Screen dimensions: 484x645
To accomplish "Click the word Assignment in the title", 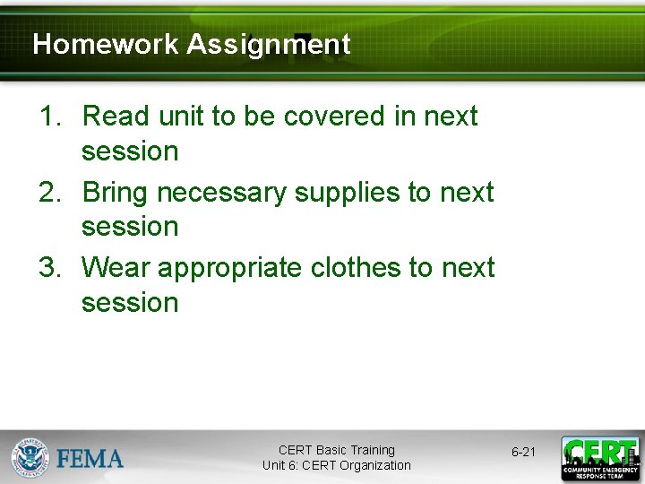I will pos(268,44).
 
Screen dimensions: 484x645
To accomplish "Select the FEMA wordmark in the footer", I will pos(90,459).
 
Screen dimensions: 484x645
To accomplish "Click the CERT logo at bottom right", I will pos(600,458).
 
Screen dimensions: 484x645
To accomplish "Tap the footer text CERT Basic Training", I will pos(336,450).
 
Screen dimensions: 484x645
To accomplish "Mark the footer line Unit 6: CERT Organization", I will pos(336,465).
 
